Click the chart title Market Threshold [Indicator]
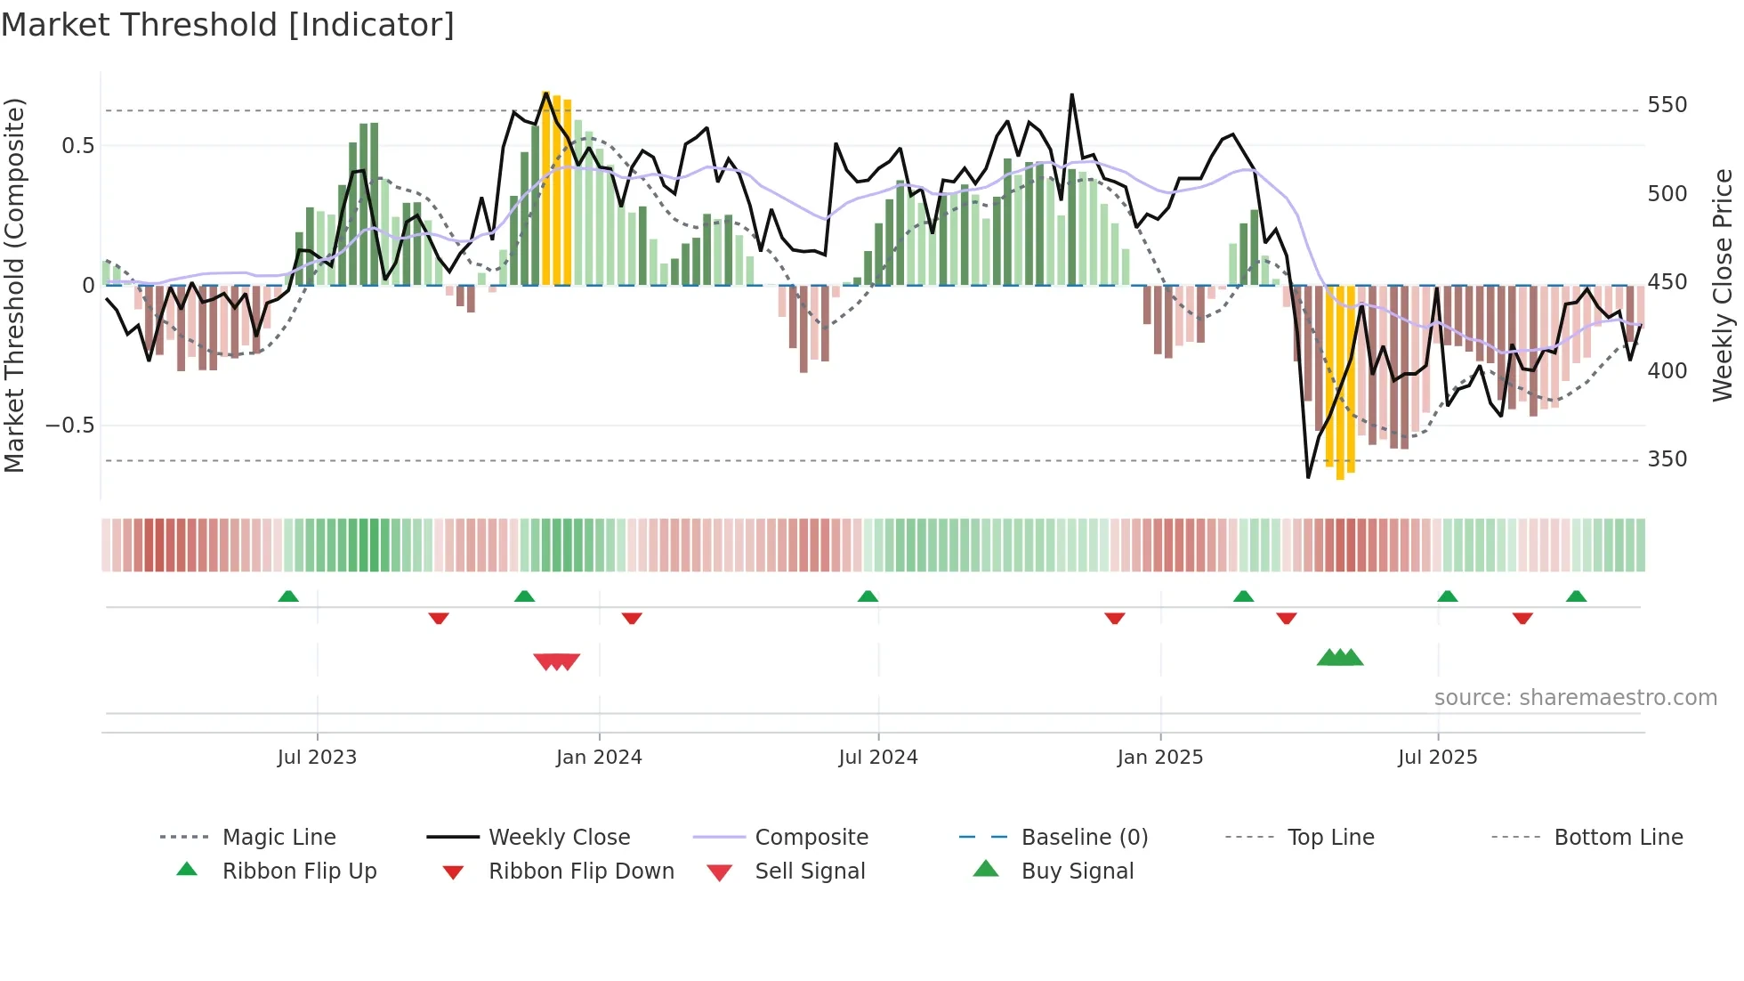[228, 25]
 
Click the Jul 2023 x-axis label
[317, 758]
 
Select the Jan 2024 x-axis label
[599, 758]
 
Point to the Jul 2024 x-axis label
[878, 758]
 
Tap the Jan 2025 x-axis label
[1160, 758]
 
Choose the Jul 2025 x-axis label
[1438, 758]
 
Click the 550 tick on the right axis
[1667, 105]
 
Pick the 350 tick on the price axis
[1667, 459]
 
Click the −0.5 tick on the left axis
[70, 426]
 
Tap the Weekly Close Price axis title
[1723, 285]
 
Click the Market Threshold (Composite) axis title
[14, 285]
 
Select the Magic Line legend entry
[279, 838]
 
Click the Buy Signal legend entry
[1077, 872]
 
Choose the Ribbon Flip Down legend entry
[581, 872]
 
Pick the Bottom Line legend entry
[1618, 838]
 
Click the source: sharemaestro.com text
[1575, 698]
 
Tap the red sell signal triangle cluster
[557, 661]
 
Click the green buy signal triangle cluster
[1340, 658]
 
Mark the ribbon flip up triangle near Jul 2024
[868, 596]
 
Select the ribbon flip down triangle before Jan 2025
[1115, 618]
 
